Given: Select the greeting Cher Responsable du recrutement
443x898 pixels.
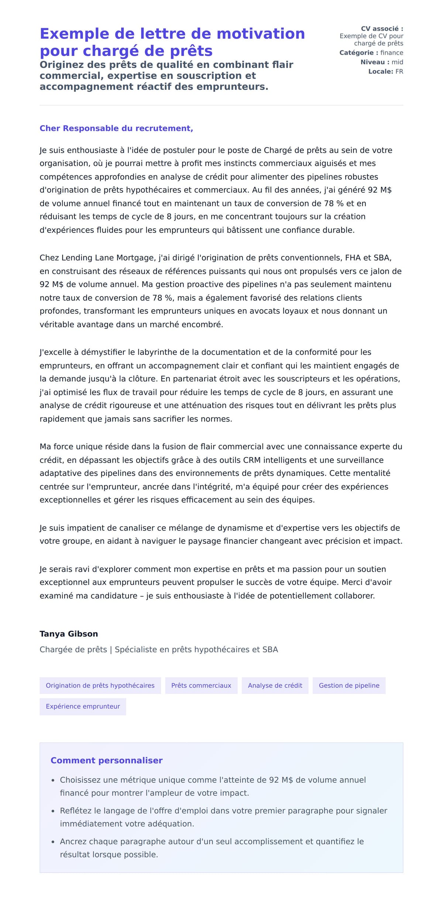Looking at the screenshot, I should point(116,128).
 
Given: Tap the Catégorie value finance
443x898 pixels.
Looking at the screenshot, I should point(392,53).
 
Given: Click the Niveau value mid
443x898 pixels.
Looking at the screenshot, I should point(397,62).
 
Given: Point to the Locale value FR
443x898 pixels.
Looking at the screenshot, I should point(399,72).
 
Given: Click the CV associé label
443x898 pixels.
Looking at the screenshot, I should point(382,29).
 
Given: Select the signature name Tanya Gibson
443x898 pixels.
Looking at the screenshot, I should point(69,634).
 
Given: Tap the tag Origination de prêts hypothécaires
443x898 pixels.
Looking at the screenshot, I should point(100,686).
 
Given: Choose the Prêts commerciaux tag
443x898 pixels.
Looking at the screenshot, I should point(201,686).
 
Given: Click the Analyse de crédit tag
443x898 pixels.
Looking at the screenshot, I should point(275,686).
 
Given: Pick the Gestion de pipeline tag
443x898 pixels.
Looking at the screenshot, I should point(349,686).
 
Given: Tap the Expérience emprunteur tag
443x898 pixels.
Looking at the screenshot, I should point(83,706).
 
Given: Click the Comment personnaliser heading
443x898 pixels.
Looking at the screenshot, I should point(106,760).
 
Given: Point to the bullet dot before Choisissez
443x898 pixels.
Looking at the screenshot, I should point(53,780).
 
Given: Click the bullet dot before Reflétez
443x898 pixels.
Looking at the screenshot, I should point(53,811).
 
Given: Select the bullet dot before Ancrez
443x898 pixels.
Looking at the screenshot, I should point(53,842).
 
